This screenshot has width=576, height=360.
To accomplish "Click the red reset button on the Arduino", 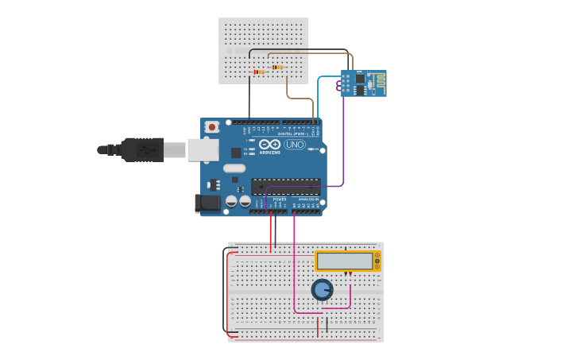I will coord(211,126).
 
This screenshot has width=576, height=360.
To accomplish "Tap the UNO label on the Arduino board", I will coord(295,145).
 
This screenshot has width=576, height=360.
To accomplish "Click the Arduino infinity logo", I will coord(269,145).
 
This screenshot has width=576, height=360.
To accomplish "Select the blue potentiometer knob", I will coord(322,290).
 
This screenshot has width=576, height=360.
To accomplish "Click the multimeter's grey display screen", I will coord(345,261).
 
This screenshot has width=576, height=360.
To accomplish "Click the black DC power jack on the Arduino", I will coord(207,203).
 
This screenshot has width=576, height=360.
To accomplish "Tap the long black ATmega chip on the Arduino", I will coord(286,187).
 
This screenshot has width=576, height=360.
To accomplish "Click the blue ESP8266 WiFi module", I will coord(363,83).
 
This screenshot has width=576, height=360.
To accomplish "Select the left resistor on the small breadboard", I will coord(259,72).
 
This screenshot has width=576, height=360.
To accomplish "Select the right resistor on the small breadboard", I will coord(276,68).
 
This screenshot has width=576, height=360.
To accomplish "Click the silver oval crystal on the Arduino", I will coord(234,168).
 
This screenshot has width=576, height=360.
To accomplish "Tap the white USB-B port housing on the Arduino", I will coord(203,149).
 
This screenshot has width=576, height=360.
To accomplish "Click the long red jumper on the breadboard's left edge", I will coord(227,294).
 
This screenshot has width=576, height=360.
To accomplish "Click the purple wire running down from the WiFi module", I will coord(343,143).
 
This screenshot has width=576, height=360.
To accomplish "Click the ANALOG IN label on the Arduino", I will coord(308,199).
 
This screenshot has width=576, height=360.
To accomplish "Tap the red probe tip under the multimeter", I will coord(350,273).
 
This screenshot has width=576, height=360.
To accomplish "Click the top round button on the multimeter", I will coord(377,256).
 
